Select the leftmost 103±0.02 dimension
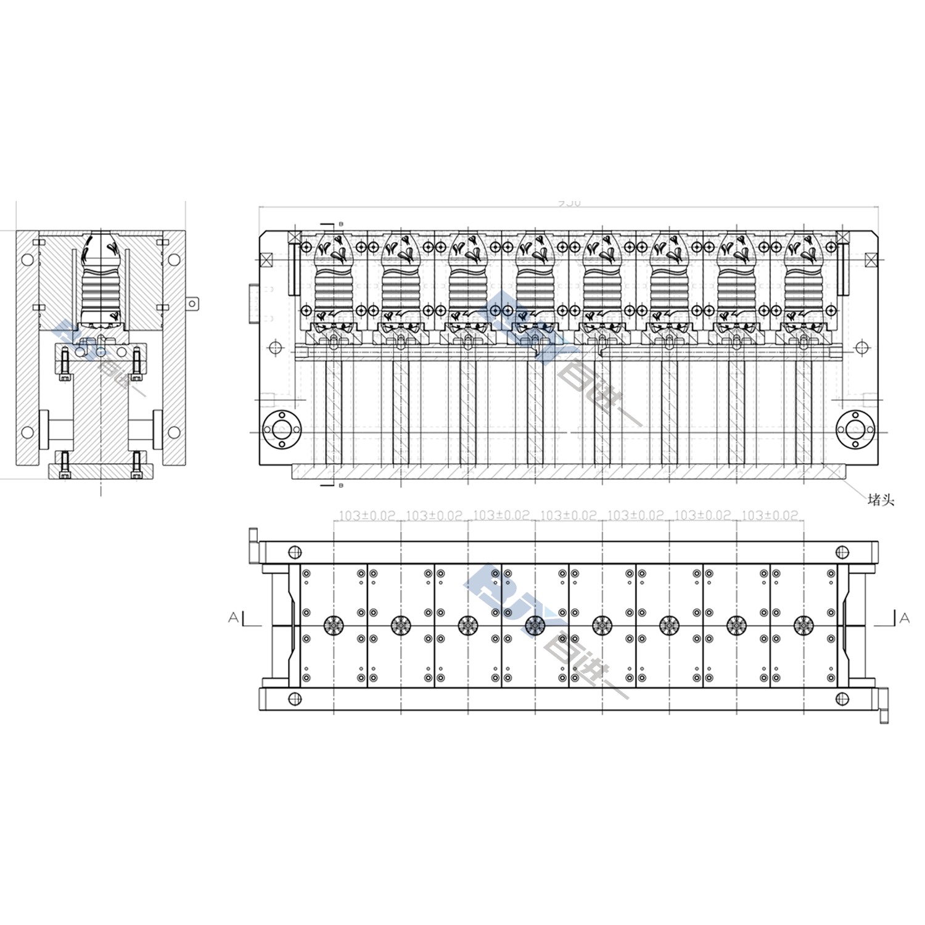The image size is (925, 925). [367, 515]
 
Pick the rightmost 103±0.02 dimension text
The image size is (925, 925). [770, 515]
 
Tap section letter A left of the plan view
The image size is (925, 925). [234, 617]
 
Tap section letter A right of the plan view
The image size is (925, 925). [904, 617]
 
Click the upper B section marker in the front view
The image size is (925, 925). [340, 223]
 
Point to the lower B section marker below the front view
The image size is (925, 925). [340, 486]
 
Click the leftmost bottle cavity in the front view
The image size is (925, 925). [334, 277]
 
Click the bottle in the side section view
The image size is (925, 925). [101, 277]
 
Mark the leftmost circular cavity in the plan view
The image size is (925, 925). [334, 625]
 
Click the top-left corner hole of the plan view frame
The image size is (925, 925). [294, 551]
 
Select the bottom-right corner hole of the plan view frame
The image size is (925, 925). [841, 698]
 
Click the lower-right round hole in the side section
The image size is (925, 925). [174, 430]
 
